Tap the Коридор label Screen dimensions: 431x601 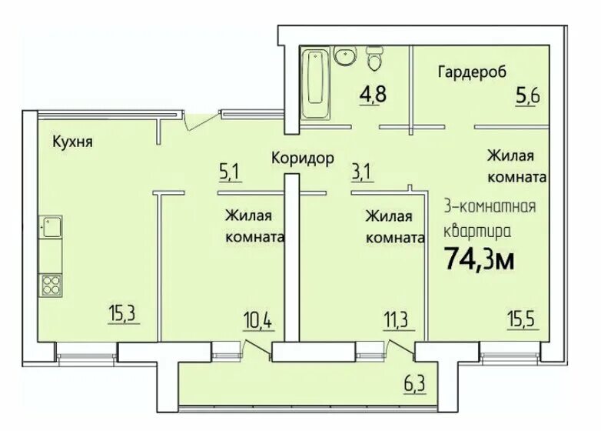coord(302,159)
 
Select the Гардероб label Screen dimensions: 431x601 coord(472,72)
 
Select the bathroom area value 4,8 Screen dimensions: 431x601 coord(374,96)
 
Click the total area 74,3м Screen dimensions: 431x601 coord(480,259)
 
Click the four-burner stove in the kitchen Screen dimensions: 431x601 coord(51,286)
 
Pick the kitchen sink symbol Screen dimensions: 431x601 coord(51,229)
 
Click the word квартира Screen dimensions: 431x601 coord(476,230)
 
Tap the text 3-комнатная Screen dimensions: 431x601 coord(490,206)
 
